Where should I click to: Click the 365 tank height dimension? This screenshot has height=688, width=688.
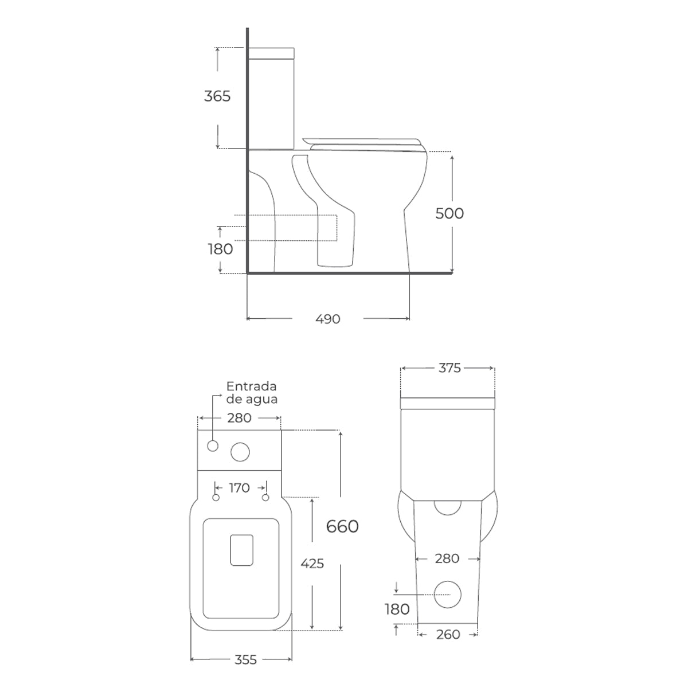pos(217,96)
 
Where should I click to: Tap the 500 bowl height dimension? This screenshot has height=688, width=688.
pos(449,213)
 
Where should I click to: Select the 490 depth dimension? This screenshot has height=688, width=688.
pos(328,319)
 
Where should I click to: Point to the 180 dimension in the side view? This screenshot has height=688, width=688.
pos(220,249)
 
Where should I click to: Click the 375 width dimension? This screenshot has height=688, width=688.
pos(449,368)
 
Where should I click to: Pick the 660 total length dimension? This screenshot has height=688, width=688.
pos(342,526)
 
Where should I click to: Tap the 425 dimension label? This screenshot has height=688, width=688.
pos(312,564)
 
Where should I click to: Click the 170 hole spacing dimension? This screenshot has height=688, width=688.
pos(239,488)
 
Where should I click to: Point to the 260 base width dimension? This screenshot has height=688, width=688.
pos(448,635)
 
